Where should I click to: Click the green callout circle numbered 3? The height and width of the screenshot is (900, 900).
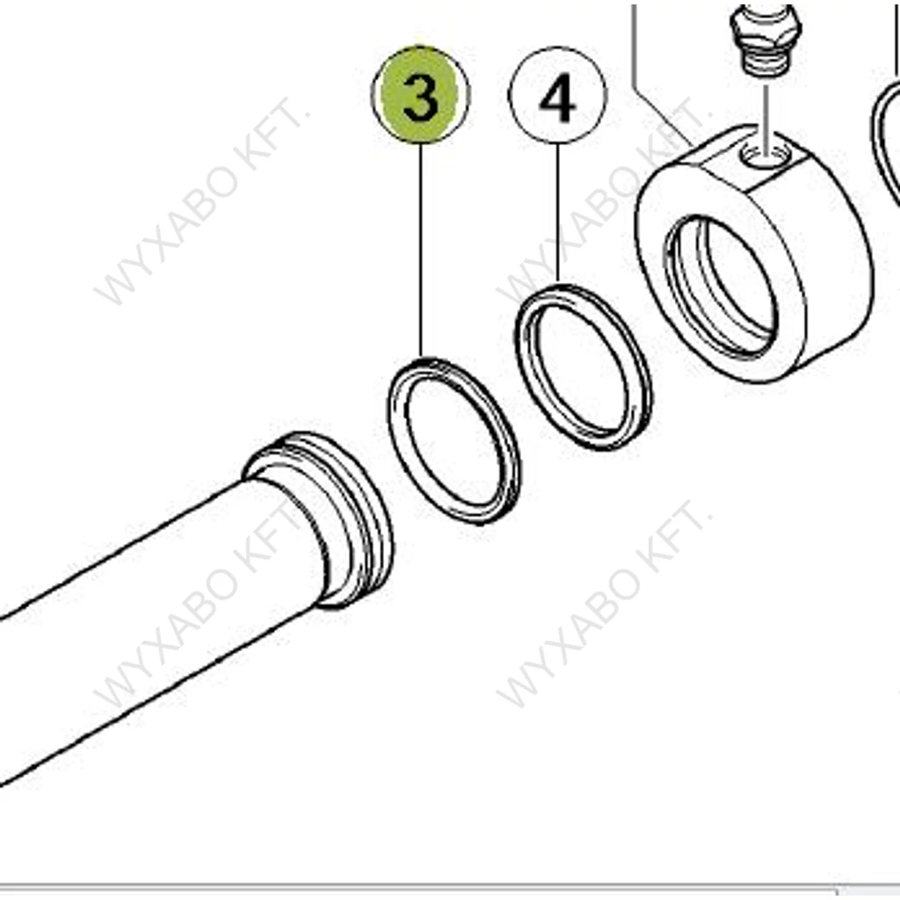click(x=420, y=95)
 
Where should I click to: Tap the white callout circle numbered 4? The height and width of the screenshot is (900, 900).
click(x=557, y=96)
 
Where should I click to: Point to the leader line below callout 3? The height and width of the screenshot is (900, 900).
click(x=421, y=250)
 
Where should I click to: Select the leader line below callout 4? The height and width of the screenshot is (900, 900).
click(x=557, y=213)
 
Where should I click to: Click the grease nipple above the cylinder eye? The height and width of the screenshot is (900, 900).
click(x=766, y=40)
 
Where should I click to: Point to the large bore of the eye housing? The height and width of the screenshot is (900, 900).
click(x=721, y=287)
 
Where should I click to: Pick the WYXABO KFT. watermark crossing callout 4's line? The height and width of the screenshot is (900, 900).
click(x=603, y=201)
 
